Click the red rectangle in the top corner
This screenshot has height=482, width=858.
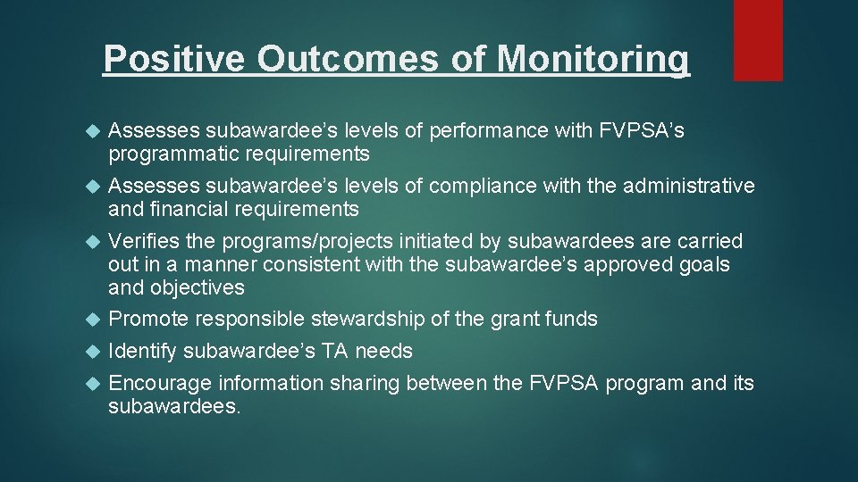tap(758, 39)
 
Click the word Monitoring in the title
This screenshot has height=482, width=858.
tap(593, 59)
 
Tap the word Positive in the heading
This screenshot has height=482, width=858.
tap(173, 59)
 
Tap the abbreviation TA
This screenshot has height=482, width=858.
tap(335, 352)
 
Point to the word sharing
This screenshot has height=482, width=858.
tap(366, 384)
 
